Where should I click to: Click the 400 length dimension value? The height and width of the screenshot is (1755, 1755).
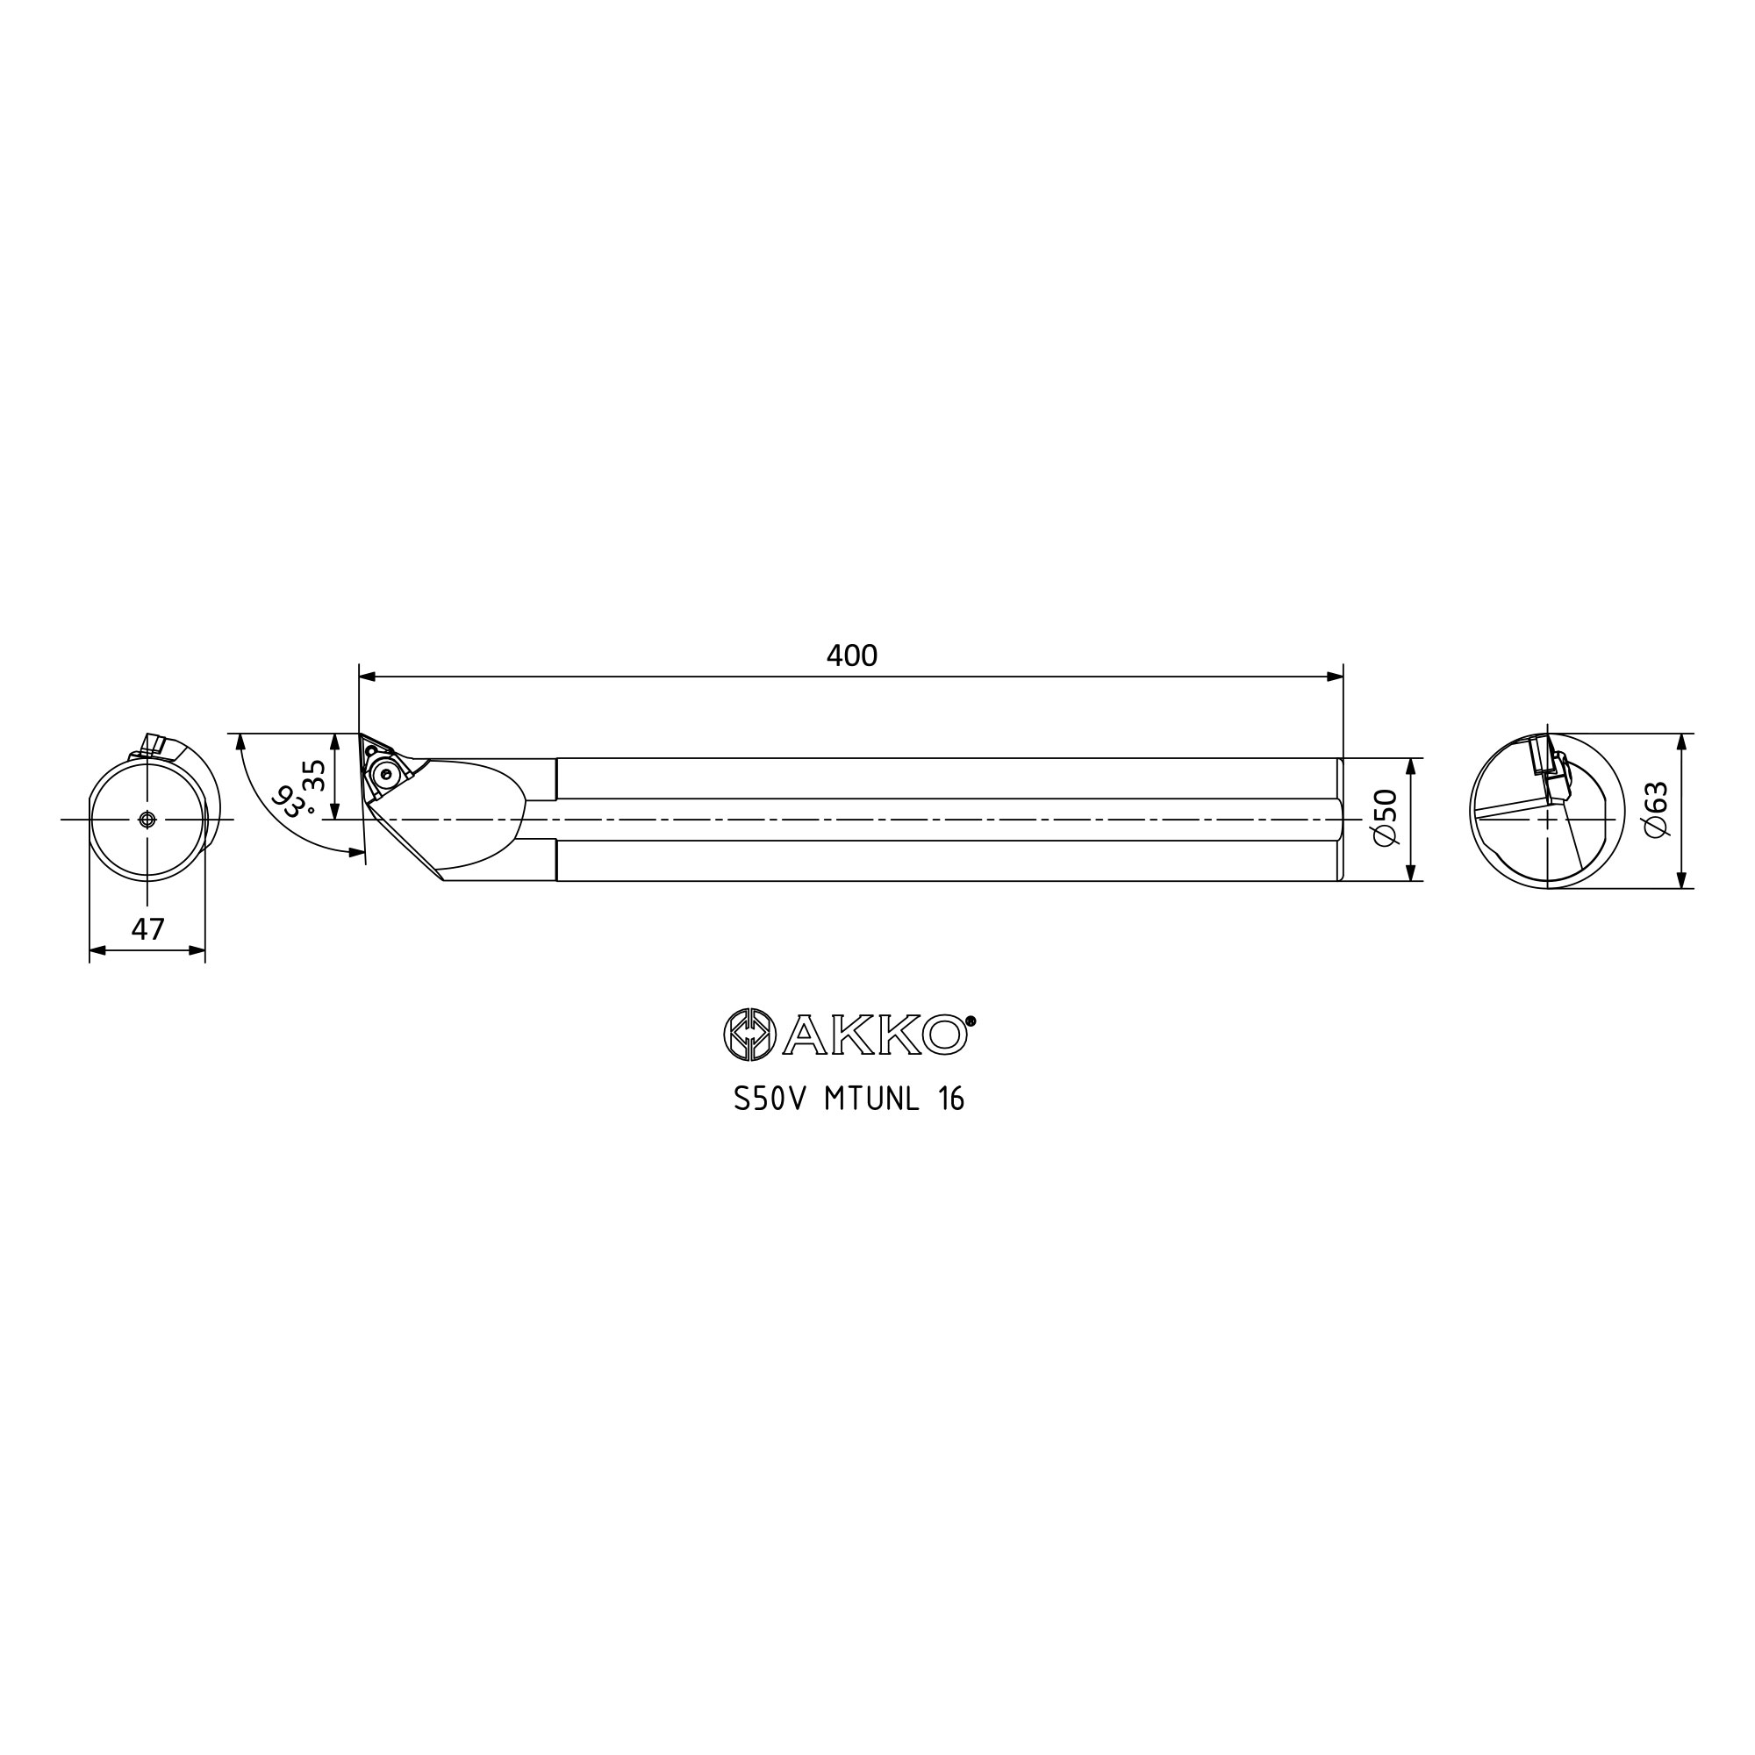coord(851,655)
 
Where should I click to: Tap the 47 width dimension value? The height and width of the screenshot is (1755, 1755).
coord(148,929)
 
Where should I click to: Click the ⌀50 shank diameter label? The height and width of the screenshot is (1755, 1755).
coord(1386,819)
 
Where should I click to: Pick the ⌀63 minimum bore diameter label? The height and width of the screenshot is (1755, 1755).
coord(1656,809)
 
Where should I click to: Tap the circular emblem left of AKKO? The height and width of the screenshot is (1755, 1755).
coord(749,1035)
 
